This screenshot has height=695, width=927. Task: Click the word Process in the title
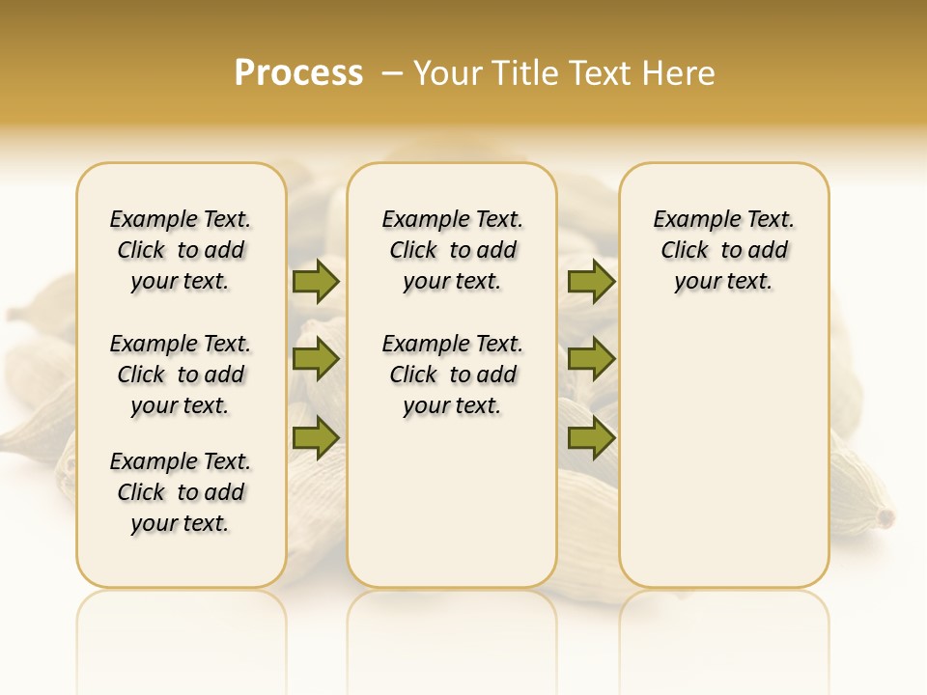[298, 73]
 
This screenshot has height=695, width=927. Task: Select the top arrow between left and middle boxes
[316, 281]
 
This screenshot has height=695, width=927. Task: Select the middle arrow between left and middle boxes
[316, 359]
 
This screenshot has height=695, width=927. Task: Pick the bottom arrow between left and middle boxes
[316, 437]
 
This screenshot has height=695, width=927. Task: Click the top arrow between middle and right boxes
[591, 281]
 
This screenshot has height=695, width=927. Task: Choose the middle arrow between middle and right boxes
[591, 359]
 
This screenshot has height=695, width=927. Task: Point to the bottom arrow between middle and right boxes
[591, 437]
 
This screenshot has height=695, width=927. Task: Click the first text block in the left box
[181, 250]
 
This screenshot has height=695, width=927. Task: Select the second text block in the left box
[181, 375]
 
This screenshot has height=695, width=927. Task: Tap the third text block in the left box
[181, 492]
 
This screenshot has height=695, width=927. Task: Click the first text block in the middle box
[453, 250]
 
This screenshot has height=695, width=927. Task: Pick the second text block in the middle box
[453, 375]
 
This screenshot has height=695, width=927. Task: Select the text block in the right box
[724, 250]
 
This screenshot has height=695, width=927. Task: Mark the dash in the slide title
[392, 73]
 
